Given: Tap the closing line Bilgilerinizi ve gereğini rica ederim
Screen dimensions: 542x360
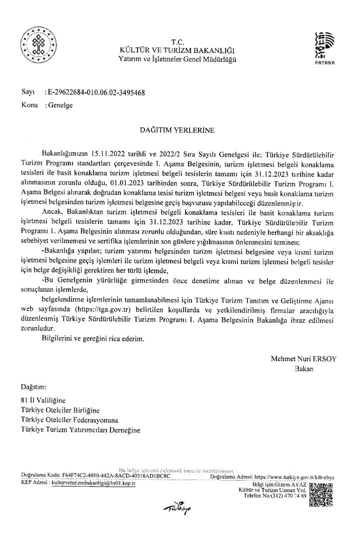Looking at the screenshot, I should (x=93, y=338).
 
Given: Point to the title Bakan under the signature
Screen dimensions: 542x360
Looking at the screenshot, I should (x=304, y=369).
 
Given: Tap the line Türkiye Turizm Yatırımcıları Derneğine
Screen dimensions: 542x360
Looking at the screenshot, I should (x=80, y=429).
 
